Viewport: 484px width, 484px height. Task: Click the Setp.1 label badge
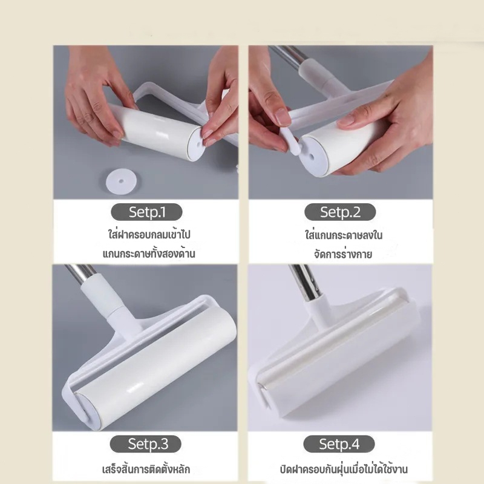[x=146, y=212]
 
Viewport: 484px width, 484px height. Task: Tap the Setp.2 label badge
[x=340, y=212]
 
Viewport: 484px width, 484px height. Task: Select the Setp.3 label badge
[x=145, y=443]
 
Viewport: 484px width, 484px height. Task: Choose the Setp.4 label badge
[x=339, y=443]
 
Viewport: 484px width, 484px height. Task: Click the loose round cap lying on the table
[x=121, y=181]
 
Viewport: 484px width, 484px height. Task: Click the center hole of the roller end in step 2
[x=312, y=157]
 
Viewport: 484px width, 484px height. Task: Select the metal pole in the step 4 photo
[x=304, y=283]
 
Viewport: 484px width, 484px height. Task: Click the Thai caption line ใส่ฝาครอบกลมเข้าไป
[x=149, y=234]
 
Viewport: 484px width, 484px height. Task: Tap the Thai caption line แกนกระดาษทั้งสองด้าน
[x=149, y=253]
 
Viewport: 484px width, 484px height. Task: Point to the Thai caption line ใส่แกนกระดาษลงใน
[x=344, y=235]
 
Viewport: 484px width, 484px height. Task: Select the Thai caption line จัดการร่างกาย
[x=343, y=254]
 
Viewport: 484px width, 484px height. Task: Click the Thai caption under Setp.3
[x=146, y=469]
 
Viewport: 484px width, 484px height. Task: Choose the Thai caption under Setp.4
[x=344, y=469]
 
